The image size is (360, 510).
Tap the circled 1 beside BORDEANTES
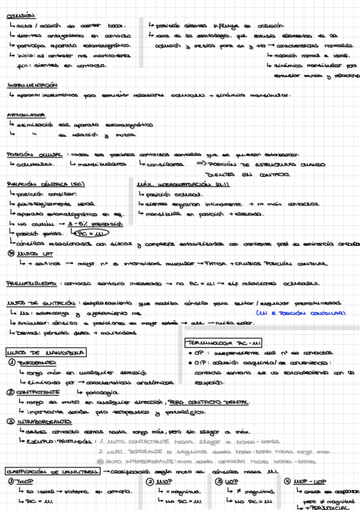click(x=11, y=363)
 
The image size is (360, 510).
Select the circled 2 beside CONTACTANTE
click(x=10, y=392)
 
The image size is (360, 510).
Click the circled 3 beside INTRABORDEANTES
click(x=11, y=422)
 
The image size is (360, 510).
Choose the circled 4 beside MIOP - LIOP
click(x=288, y=481)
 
